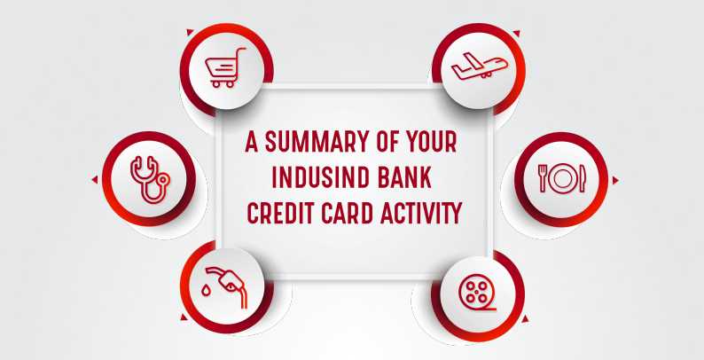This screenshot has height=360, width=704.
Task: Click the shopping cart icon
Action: [223, 67]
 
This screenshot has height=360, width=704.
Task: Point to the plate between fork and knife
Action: [561, 178]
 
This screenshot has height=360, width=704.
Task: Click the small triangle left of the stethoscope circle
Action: [95, 180]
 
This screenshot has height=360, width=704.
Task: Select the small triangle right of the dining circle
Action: [615, 180]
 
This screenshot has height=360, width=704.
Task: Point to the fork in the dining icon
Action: [543, 178]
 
